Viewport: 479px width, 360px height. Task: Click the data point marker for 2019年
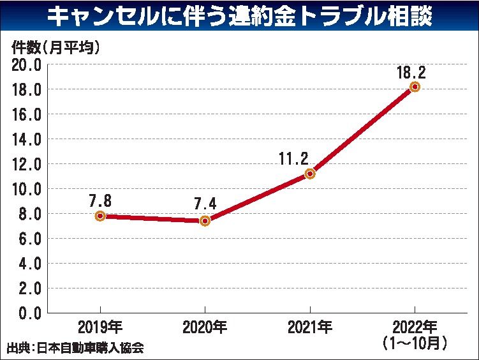[100, 216]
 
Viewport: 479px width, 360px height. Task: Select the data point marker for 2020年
[205, 221]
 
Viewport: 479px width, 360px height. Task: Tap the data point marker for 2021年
[310, 174]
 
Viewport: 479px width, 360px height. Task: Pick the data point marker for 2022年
[415, 87]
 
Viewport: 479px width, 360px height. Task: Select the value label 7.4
[206, 204]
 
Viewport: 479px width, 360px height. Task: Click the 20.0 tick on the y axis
[26, 64]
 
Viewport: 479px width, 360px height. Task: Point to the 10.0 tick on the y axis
[26, 189]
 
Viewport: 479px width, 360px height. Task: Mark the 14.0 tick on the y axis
[26, 139]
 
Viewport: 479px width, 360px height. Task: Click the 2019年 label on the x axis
[100, 328]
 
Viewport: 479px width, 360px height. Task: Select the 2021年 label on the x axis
[310, 328]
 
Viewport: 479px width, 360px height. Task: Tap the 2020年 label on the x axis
[205, 328]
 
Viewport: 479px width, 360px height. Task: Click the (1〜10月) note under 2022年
[415, 343]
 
